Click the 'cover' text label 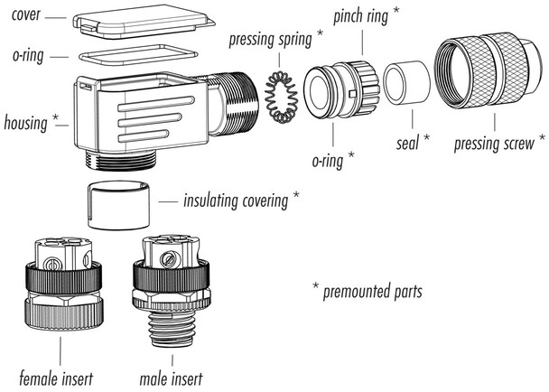pos(27,15)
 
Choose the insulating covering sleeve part pos(120,205)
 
